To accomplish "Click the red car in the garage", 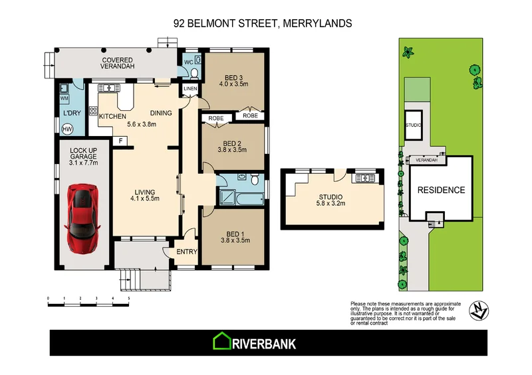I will point(83,214).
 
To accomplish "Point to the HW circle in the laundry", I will point(67,129).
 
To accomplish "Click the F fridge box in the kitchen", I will point(120,141).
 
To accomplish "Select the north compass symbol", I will point(479,309).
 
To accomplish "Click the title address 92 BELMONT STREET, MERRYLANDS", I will point(263,23).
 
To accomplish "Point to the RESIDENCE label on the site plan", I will point(441,190).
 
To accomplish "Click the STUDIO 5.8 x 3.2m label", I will point(330,200).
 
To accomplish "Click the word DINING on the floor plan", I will point(161,113).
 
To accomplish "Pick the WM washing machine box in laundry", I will point(65,98).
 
